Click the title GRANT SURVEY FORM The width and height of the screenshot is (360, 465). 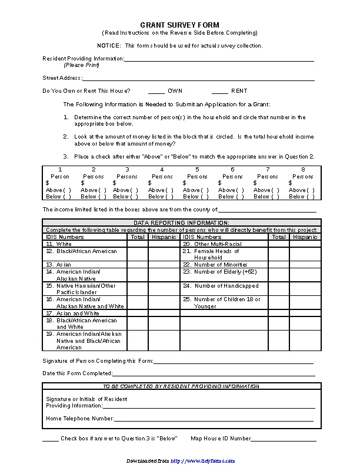tap(179, 25)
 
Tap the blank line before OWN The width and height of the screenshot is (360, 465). tap(156, 92)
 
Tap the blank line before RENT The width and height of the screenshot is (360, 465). tap(220, 92)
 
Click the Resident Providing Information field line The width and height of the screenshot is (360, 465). tap(219, 59)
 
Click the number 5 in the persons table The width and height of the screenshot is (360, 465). tap(197, 169)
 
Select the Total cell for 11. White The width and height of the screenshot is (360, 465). tap(137, 244)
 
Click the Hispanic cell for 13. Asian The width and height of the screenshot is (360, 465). tap(164, 265)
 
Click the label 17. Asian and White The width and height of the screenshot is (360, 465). tap(73, 314)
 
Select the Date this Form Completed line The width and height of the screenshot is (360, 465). tap(213, 374)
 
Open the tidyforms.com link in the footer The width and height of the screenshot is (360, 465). tap(203, 461)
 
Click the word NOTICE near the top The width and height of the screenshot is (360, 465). tap(109, 46)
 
